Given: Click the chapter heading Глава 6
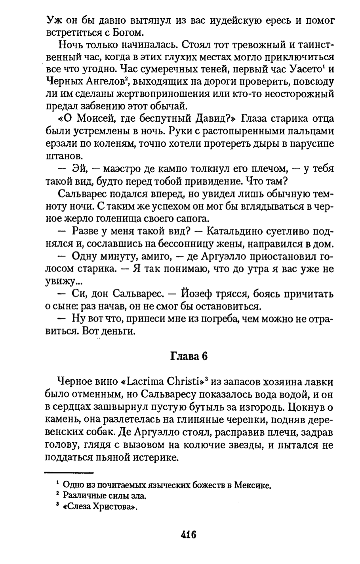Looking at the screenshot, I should [189, 356].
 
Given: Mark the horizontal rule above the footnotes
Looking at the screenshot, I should [69, 472].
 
